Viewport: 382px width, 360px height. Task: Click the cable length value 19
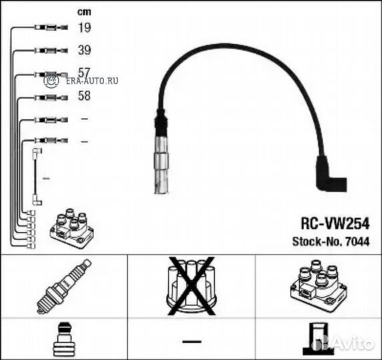coord(84,27)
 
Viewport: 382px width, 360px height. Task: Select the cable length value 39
coord(84,50)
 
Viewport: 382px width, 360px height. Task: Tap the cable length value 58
coord(84,96)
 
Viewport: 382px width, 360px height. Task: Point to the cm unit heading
coord(84,12)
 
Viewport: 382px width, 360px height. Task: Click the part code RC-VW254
coord(335,223)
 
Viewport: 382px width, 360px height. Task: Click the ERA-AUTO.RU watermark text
coord(92,81)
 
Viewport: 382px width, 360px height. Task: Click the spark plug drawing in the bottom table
coord(64,287)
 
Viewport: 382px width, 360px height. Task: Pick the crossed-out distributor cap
coord(191,286)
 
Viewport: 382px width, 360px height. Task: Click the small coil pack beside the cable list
coord(71,228)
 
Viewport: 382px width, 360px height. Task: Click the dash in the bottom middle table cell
coord(192,341)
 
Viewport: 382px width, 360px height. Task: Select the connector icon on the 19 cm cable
coord(51,27)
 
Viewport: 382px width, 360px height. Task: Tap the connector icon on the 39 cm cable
coord(51,51)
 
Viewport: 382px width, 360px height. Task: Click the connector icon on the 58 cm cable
coord(51,98)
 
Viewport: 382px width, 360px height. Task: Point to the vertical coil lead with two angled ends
coord(36,177)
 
